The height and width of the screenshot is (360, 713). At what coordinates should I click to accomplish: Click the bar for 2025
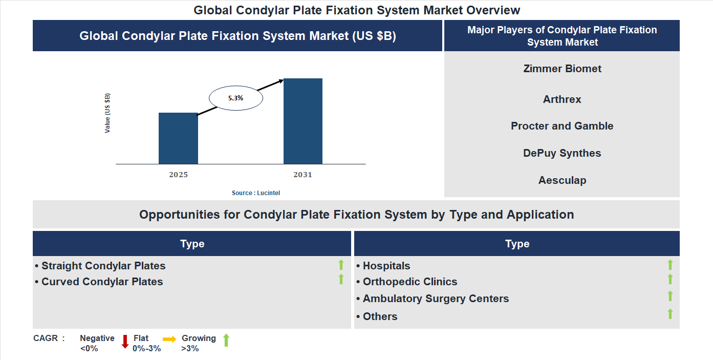pyautogui.click(x=178, y=138)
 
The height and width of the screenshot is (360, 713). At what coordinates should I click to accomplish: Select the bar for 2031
pyautogui.click(x=303, y=121)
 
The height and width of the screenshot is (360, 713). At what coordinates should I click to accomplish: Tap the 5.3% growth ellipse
pyautogui.click(x=236, y=98)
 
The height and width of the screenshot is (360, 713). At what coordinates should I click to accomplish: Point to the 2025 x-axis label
pyautogui.click(x=179, y=175)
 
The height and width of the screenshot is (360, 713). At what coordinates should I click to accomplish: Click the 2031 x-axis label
pyautogui.click(x=303, y=175)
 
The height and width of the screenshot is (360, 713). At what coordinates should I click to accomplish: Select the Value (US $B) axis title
pyautogui.click(x=107, y=113)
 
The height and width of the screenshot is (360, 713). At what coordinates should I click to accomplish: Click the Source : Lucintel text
pyautogui.click(x=256, y=193)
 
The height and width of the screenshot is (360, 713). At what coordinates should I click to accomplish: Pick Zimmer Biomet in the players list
pyautogui.click(x=562, y=69)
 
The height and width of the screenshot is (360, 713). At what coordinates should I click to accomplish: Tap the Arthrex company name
pyautogui.click(x=562, y=99)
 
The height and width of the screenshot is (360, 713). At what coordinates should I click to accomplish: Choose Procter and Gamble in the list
pyautogui.click(x=562, y=126)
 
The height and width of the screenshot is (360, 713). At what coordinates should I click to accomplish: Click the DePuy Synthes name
pyautogui.click(x=562, y=153)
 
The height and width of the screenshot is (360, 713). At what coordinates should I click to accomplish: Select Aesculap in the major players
pyautogui.click(x=562, y=180)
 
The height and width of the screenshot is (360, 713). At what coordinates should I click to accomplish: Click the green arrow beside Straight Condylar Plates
pyautogui.click(x=341, y=265)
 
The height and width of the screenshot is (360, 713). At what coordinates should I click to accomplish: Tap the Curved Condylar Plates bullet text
pyautogui.click(x=102, y=282)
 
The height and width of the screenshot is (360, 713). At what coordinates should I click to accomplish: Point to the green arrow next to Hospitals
pyautogui.click(x=670, y=265)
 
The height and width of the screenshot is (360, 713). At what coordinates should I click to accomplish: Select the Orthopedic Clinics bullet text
pyautogui.click(x=409, y=282)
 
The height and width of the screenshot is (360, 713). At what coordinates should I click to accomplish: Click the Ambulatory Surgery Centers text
pyautogui.click(x=436, y=299)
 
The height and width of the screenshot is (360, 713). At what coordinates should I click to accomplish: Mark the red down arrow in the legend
pyautogui.click(x=125, y=342)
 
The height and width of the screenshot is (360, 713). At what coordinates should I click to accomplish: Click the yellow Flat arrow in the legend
pyautogui.click(x=169, y=339)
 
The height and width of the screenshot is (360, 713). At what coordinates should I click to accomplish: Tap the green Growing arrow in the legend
pyautogui.click(x=226, y=340)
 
